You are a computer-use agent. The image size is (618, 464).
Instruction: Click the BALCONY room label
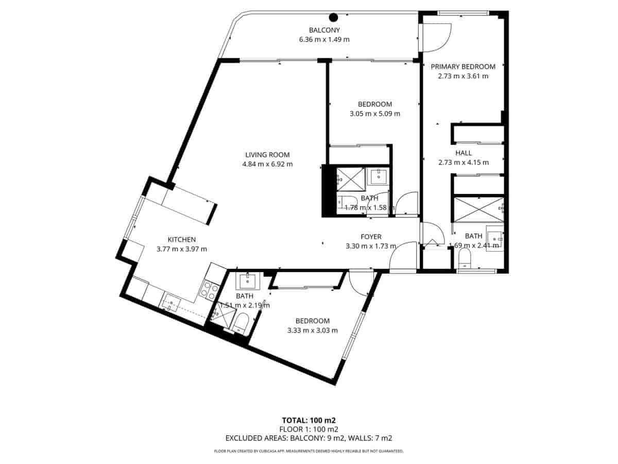click(x=324, y=30)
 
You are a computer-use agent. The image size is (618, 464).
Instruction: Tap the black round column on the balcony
click(x=334, y=16)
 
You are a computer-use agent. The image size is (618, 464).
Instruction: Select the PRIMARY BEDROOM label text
click(x=463, y=67)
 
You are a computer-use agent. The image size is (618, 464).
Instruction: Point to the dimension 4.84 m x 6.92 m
click(x=267, y=164)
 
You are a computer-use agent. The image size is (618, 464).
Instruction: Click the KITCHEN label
click(x=182, y=239)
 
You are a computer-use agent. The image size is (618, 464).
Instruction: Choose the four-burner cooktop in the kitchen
click(x=209, y=290)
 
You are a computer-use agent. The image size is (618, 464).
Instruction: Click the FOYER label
click(x=371, y=237)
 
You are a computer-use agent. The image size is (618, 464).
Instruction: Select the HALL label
click(x=463, y=153)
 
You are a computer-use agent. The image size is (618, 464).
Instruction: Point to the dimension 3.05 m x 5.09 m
click(x=375, y=114)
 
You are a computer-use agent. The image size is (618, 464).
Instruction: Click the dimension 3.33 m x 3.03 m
click(x=313, y=330)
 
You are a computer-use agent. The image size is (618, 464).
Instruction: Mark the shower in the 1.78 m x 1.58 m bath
click(x=350, y=178)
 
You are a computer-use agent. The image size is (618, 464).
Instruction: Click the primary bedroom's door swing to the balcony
click(x=436, y=38)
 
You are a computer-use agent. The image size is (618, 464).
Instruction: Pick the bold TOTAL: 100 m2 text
click(x=309, y=420)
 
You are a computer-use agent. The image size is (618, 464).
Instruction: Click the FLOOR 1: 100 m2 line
click(x=309, y=429)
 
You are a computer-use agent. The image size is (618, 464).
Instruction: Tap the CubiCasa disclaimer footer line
click(x=309, y=451)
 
